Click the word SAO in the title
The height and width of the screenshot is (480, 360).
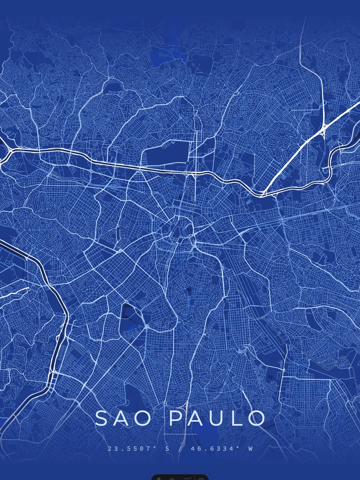tap(123, 418)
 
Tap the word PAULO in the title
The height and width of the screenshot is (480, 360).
tap(217, 418)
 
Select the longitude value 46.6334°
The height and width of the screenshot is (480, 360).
tap(215, 449)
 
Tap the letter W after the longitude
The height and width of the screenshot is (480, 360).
tap(250, 449)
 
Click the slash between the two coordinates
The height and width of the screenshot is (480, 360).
tap(180, 449)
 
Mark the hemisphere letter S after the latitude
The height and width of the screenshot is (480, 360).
tap(167, 449)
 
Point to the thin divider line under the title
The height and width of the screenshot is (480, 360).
tap(180, 434)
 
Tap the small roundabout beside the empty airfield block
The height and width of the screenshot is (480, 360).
tap(187, 163)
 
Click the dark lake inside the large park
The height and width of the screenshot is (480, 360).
tap(127, 310)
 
